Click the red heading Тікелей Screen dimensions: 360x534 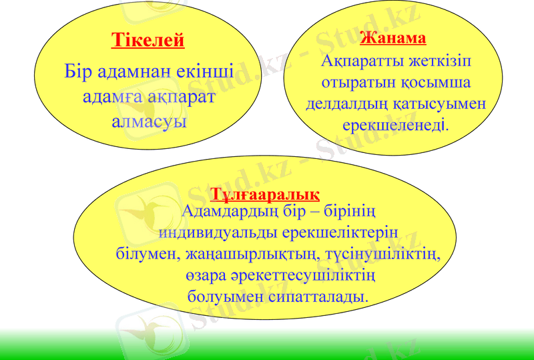pyautogui.click(x=148, y=41)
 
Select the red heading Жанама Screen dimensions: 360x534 pyautogui.click(x=392, y=37)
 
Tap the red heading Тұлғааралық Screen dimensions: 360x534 pyautogui.click(x=265, y=194)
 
